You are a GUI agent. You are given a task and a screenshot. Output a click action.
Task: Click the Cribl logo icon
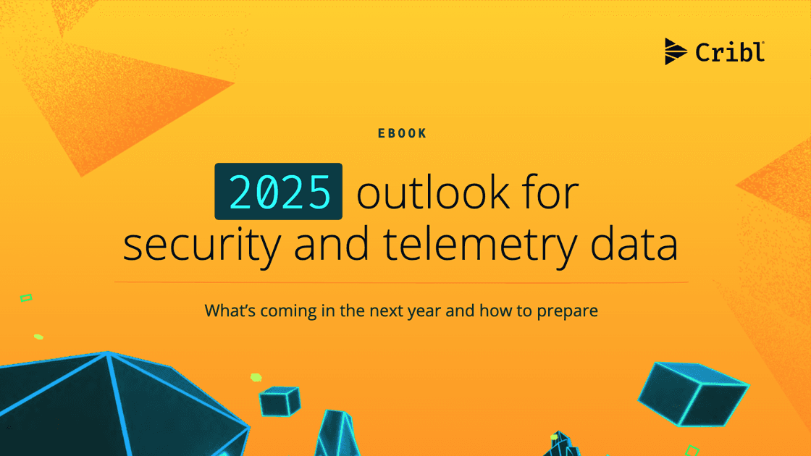point(676,51)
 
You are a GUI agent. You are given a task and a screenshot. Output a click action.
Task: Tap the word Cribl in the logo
point(729,52)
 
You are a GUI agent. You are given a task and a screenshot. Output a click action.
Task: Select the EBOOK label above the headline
point(403,133)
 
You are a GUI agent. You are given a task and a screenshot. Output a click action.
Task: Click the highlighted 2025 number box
point(278,192)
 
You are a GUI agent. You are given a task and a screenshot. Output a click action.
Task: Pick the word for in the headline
point(554,193)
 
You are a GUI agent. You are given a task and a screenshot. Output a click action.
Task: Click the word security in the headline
point(201,245)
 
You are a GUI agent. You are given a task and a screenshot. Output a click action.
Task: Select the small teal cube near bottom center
point(280,400)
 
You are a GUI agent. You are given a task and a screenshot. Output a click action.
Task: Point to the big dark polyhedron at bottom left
point(109,409)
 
